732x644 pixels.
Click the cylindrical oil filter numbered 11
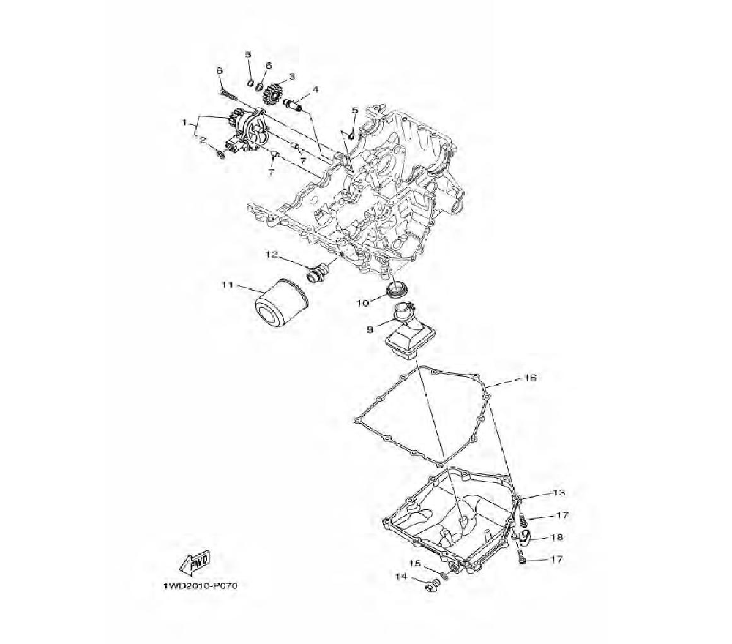280,304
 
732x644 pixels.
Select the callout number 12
272,255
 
